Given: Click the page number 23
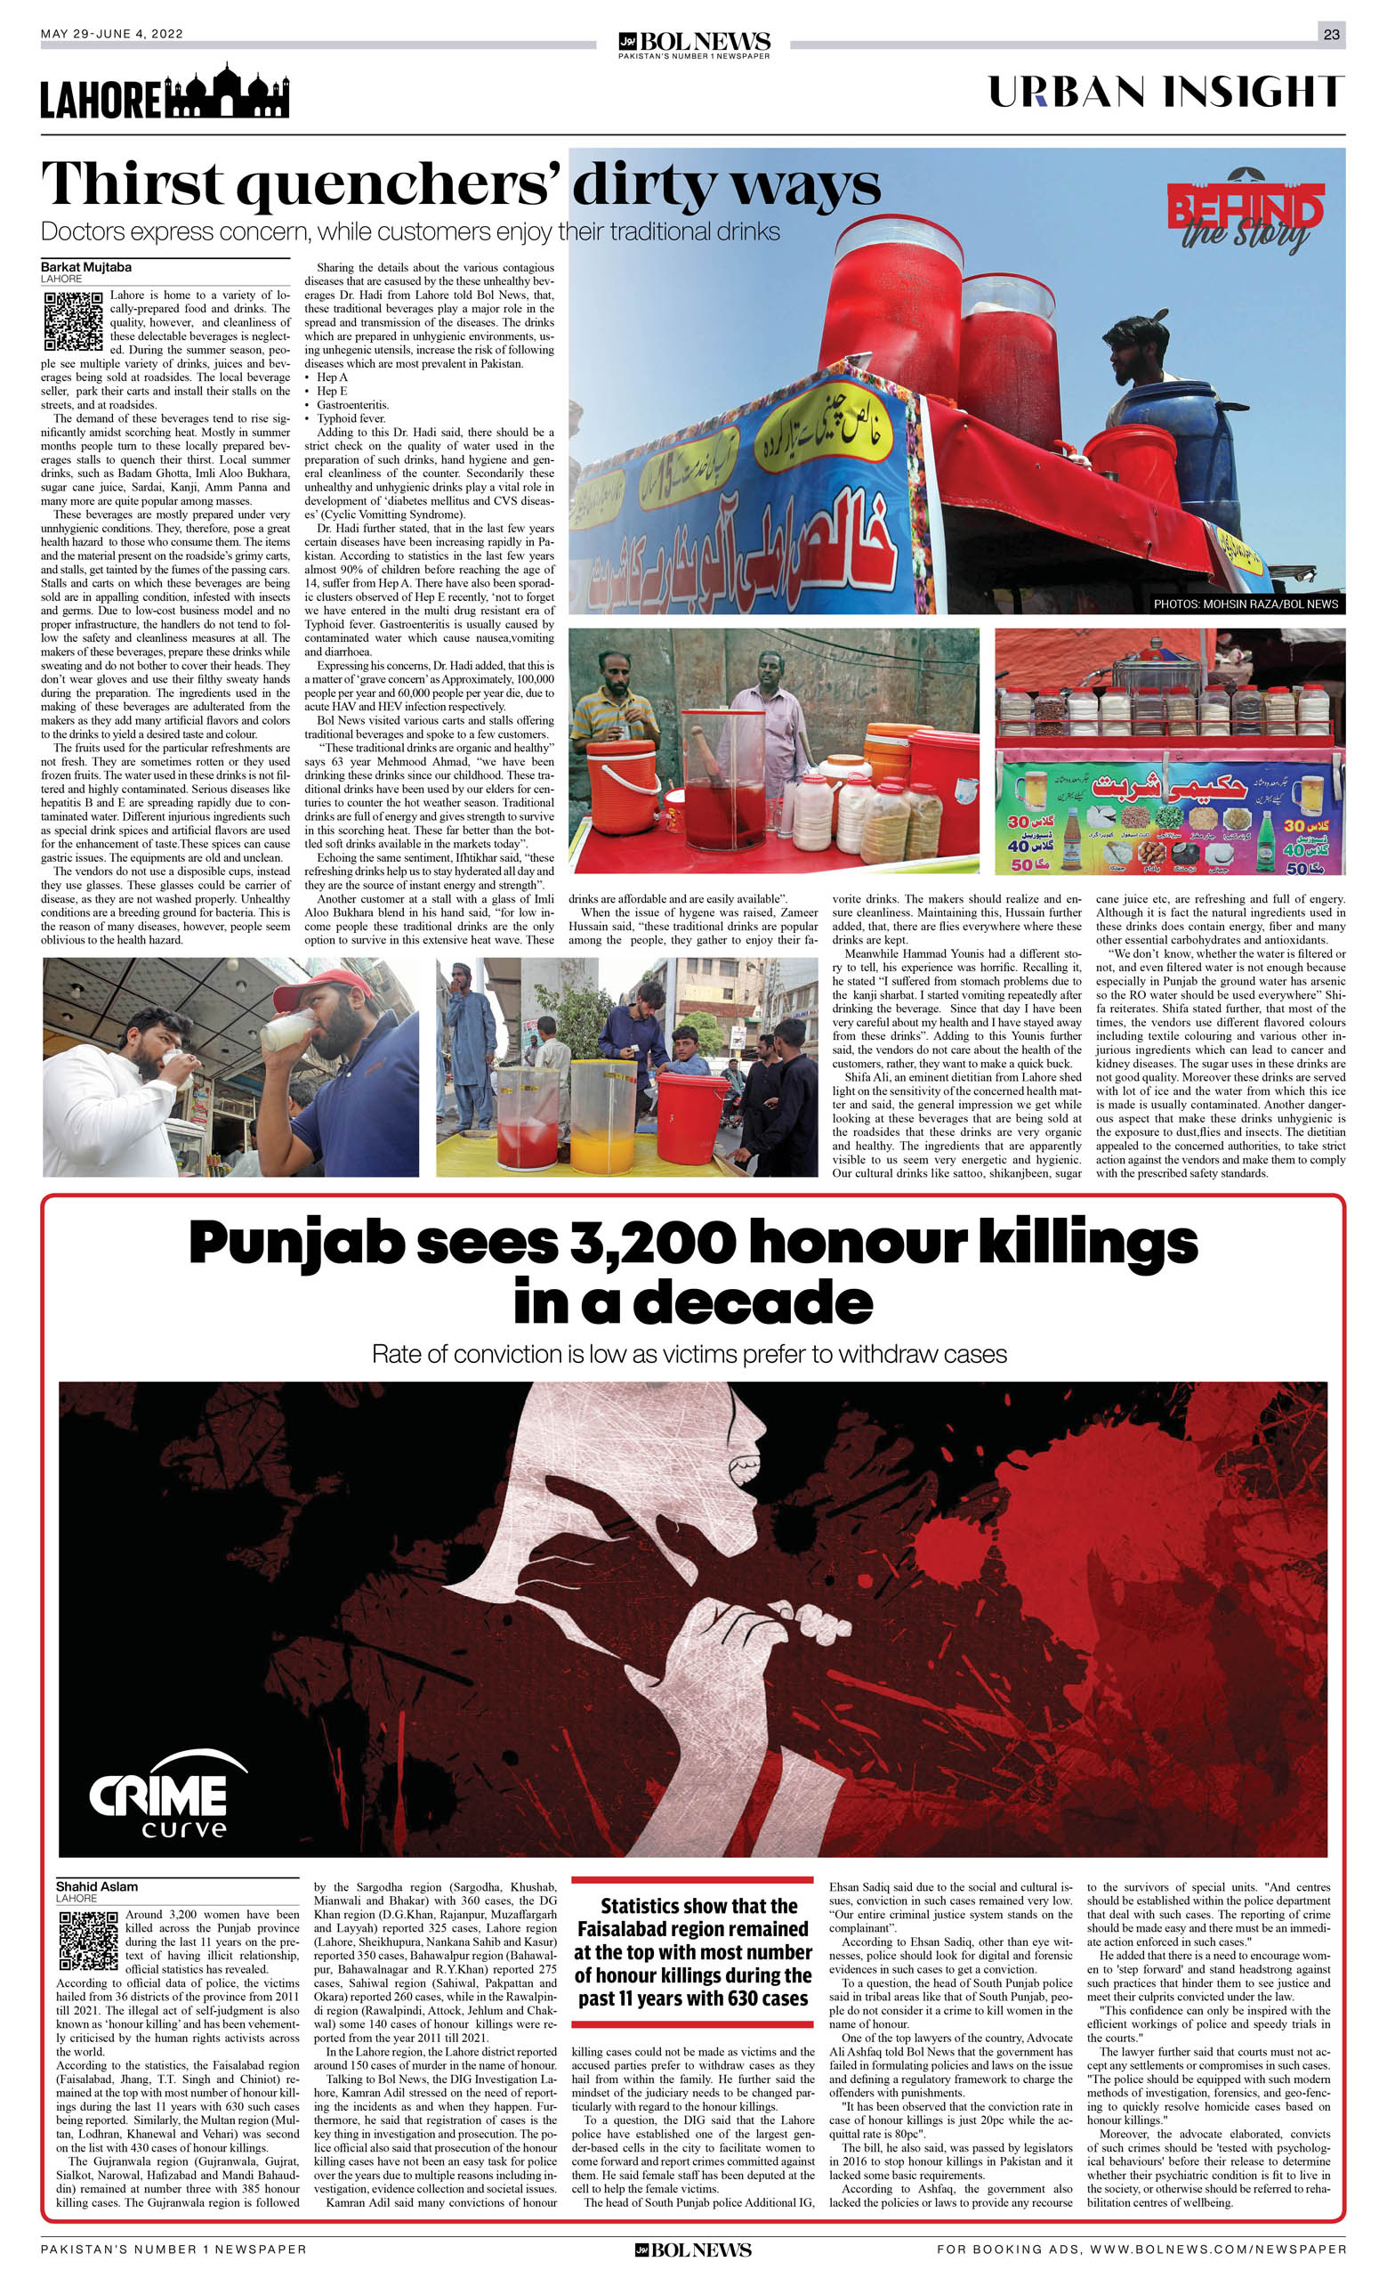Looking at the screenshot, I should [x=1331, y=34].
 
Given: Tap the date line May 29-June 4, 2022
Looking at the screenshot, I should [x=112, y=34].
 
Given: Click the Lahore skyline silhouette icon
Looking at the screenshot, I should [x=225, y=93].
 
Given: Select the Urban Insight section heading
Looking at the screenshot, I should [x=1165, y=93].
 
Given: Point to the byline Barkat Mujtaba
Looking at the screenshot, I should [x=86, y=267].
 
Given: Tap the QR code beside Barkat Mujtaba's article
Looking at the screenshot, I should [x=73, y=320].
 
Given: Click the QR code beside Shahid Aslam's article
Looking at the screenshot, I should [x=88, y=1942].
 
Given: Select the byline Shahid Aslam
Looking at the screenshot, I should [x=96, y=1886].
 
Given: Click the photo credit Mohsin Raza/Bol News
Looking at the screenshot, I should [x=1245, y=604].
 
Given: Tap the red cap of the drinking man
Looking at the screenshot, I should [x=311, y=989].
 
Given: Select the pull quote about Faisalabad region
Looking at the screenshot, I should [x=692, y=1951].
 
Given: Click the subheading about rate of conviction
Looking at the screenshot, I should [x=689, y=1353].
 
